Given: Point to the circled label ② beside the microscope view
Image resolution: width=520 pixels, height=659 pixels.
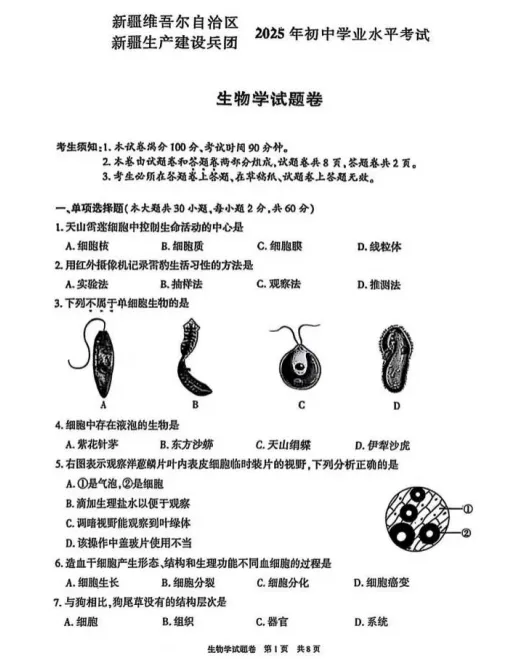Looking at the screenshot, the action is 469,533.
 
